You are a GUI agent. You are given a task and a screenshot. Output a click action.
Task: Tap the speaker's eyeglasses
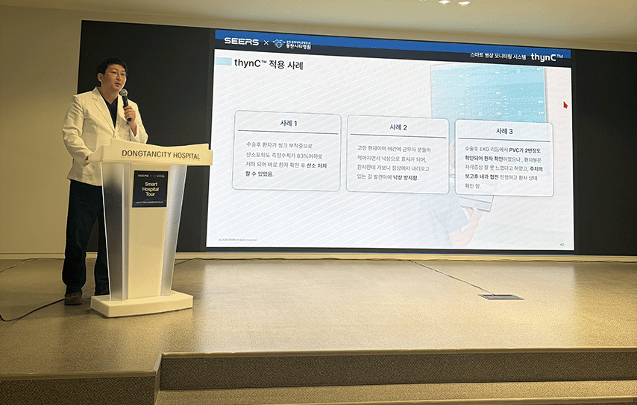(115, 74)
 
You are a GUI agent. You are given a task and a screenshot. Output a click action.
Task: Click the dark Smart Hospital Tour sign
(150, 188)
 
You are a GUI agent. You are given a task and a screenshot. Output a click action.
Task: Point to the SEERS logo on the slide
(241, 42)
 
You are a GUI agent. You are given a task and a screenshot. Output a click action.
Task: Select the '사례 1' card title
(287, 124)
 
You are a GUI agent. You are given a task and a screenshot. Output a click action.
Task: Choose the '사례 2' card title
(398, 127)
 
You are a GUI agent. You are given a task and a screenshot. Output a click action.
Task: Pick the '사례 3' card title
(504, 130)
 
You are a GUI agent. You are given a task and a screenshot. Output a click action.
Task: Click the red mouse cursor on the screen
(565, 105)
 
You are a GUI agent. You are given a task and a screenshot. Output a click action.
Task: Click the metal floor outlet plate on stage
(501, 296)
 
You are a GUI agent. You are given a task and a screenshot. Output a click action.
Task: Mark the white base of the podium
(142, 303)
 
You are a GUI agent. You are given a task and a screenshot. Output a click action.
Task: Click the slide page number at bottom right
(560, 244)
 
